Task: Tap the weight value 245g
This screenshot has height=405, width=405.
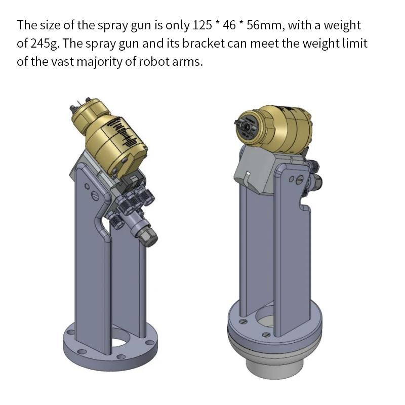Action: pyautogui.click(x=45, y=44)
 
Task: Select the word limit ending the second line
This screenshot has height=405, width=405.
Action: pyautogui.click(x=354, y=44)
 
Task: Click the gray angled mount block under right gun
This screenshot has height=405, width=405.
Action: pyautogui.click(x=256, y=170)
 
